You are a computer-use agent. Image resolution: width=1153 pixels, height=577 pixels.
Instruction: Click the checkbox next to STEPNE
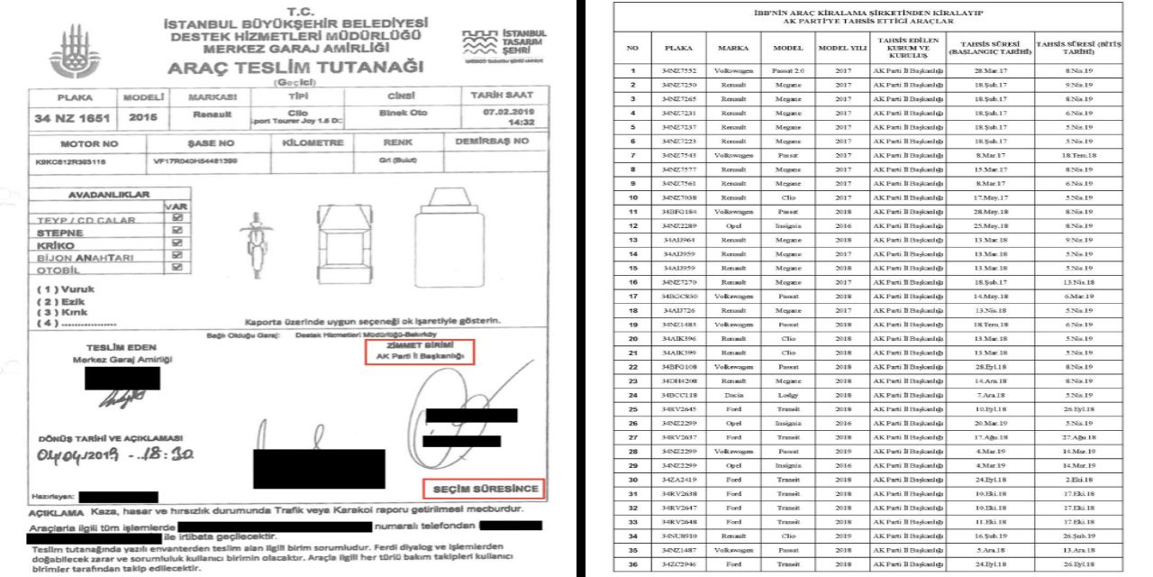pos(177,231)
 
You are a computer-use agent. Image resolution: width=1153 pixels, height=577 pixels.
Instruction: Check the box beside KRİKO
pos(177,243)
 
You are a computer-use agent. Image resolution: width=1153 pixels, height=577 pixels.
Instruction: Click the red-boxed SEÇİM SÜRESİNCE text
pos(486,489)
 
